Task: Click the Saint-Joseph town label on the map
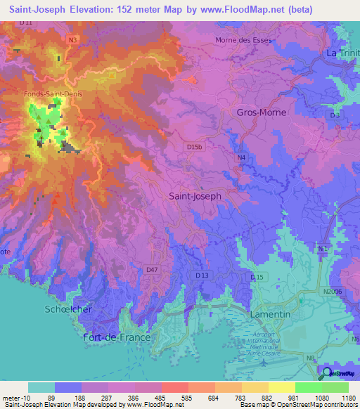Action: pos(195,197)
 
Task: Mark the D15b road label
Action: pos(195,146)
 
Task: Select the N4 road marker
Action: pos(241,158)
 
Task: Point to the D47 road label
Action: pos(152,269)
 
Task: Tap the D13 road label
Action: pos(202,275)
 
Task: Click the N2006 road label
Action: pos(333,291)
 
